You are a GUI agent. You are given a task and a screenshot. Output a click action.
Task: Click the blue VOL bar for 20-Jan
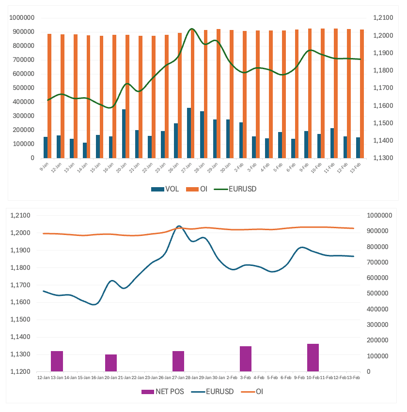click(124, 133)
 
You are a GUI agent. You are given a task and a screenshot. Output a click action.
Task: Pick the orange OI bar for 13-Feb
click(362, 94)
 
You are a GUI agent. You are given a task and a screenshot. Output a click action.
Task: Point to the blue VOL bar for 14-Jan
click(85, 150)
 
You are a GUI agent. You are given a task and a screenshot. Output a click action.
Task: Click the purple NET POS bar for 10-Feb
click(313, 357)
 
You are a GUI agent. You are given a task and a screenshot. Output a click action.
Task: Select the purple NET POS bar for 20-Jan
click(111, 363)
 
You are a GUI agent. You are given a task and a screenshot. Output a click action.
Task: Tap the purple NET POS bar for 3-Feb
click(246, 359)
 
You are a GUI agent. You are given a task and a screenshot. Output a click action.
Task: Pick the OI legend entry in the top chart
click(203, 189)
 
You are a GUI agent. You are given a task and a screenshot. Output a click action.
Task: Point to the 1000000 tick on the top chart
click(21, 18)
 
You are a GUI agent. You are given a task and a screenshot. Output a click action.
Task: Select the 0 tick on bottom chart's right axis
click(370, 372)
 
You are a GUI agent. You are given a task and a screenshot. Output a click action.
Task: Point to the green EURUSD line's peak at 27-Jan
click(191, 29)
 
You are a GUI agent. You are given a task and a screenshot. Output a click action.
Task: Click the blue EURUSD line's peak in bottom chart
click(179, 226)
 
